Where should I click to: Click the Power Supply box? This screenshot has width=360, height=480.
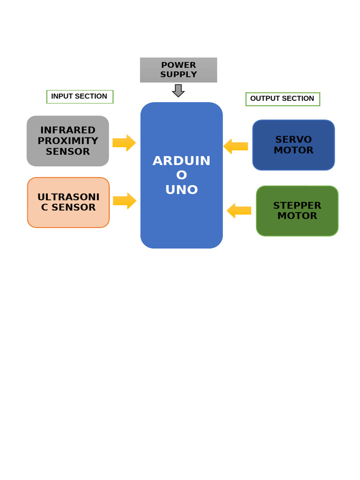[178, 70]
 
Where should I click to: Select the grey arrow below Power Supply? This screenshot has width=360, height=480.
[178, 90]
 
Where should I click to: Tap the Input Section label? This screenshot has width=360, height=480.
[80, 97]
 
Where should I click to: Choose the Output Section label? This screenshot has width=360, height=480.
[283, 99]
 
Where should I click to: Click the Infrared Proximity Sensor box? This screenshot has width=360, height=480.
[67, 141]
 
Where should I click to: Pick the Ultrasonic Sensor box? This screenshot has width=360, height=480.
[68, 202]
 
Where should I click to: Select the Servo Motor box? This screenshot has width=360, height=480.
[293, 145]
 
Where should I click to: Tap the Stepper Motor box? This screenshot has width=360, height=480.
[297, 211]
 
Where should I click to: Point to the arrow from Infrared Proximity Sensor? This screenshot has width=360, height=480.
[124, 143]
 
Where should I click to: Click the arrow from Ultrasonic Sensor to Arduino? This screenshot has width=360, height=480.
[125, 201]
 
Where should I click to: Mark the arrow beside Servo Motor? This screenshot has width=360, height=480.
[235, 146]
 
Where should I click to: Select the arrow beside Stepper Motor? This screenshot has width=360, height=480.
[239, 210]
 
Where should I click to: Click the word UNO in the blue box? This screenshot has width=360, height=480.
[181, 190]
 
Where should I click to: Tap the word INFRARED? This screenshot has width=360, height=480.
[68, 130]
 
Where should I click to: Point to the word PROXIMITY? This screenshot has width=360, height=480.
[68, 141]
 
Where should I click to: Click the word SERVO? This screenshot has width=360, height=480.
[293, 140]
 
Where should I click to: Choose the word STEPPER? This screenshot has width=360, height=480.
[297, 206]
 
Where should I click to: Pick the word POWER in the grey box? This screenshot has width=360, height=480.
[179, 65]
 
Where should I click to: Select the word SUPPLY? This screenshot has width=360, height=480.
[179, 75]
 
